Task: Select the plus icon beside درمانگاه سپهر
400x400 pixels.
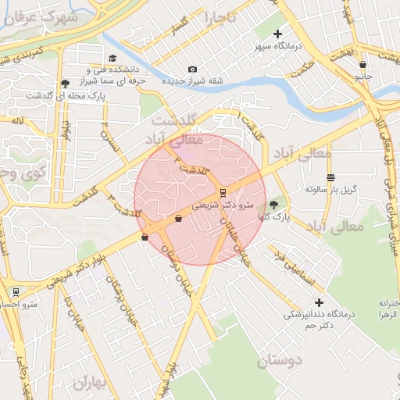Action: pyautogui.click(x=277, y=34)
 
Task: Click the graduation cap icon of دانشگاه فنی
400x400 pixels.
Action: pyautogui.click(x=112, y=59)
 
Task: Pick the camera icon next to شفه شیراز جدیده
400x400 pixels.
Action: pyautogui.click(x=193, y=70)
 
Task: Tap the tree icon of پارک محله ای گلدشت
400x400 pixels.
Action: pyautogui.click(x=64, y=83)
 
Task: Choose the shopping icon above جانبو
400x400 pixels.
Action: pyautogui.click(x=362, y=64)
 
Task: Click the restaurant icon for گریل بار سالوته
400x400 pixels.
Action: pyautogui.click(x=330, y=177)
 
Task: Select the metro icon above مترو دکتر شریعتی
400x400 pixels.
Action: pyautogui.click(x=223, y=192)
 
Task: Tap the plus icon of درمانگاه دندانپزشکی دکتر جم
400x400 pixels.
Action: pyautogui.click(x=318, y=302)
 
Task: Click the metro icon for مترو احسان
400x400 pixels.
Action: pyautogui.click(x=16, y=292)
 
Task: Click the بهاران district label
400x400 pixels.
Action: pyautogui.click(x=93, y=383)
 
